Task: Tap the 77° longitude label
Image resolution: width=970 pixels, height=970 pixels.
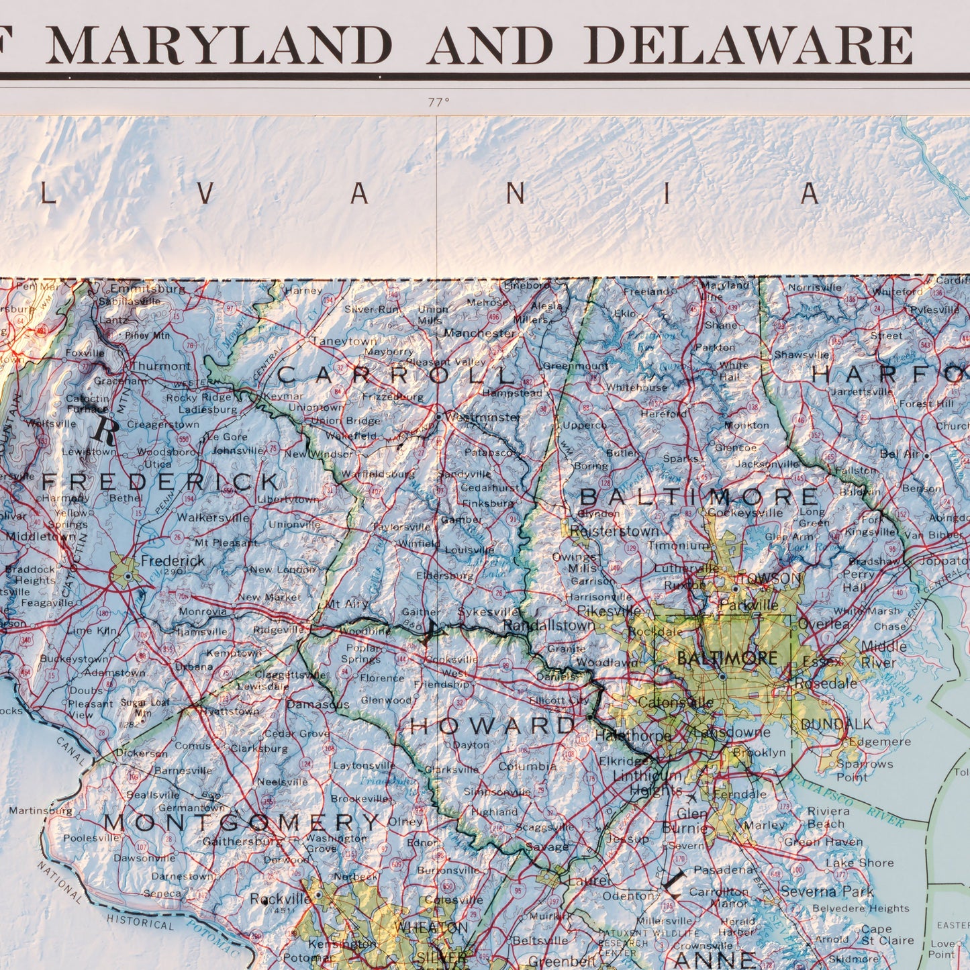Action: (x=438, y=103)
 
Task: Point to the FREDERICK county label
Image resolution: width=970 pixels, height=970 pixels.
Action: (x=161, y=482)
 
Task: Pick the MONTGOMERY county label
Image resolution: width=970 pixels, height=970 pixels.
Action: (x=242, y=822)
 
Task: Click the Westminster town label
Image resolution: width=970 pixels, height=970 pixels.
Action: (x=483, y=417)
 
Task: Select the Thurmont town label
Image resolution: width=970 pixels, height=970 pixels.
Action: (x=160, y=366)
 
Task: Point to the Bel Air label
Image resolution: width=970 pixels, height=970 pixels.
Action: (x=900, y=454)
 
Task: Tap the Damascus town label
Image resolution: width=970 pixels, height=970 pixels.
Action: (x=318, y=704)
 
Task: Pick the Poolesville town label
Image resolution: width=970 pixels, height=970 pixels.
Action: (x=91, y=838)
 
